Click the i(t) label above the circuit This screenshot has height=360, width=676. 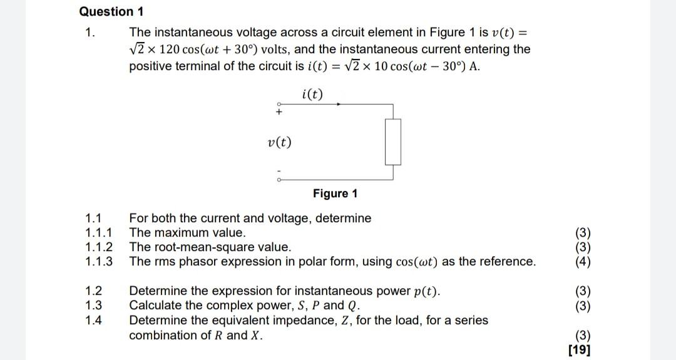312,95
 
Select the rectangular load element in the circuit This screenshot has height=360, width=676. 392,142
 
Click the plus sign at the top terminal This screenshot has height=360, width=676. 279,112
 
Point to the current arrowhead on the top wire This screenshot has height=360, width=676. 339,104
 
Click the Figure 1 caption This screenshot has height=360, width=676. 335,193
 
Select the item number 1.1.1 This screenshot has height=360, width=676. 98,233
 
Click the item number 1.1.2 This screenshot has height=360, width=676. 99,247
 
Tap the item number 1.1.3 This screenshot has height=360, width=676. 99,262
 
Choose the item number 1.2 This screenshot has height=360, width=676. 93,291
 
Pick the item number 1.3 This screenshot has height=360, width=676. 93,306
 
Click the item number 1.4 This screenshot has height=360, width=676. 93,320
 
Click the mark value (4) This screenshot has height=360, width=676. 582,262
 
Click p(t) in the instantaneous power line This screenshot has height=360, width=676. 424,291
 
